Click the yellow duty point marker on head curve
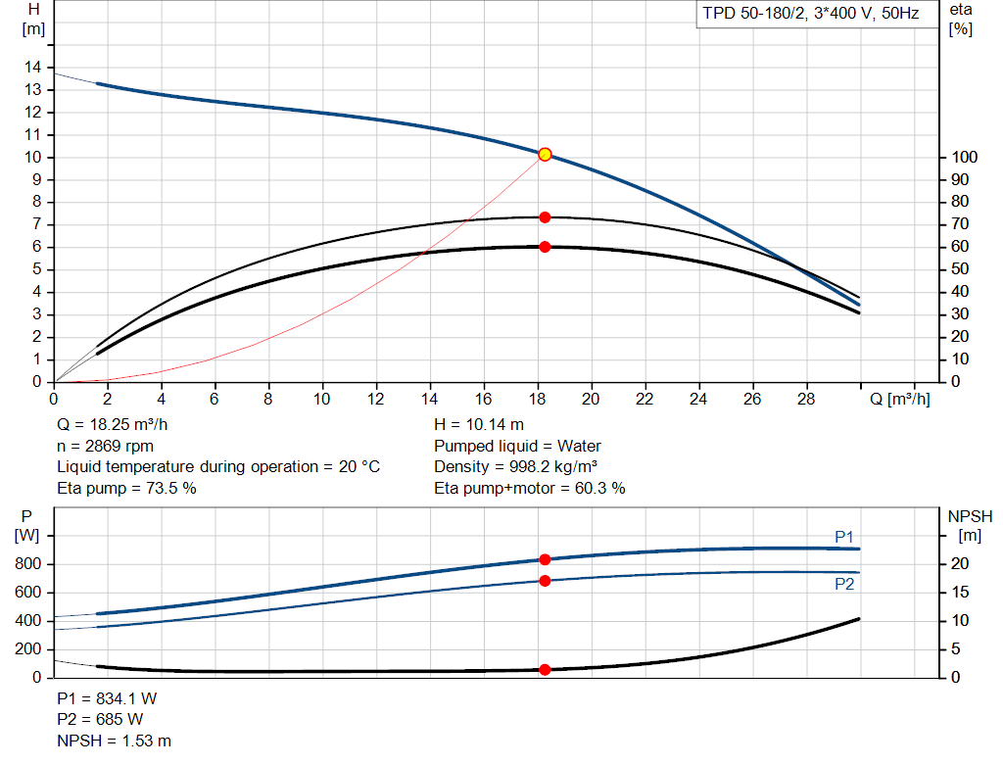(x=545, y=154)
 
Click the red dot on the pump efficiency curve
(x=545, y=217)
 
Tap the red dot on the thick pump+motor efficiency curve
(x=545, y=247)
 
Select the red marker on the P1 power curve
(x=545, y=559)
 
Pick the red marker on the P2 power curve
(x=545, y=581)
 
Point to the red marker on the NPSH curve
(x=545, y=670)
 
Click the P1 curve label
(x=843, y=537)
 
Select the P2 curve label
(x=843, y=584)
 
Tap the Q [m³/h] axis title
(x=899, y=399)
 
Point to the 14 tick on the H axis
(x=34, y=67)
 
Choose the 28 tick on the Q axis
(x=807, y=399)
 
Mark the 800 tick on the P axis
(x=27, y=564)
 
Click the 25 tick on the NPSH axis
(x=962, y=536)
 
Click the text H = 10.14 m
(x=478, y=425)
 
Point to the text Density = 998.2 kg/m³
(x=517, y=466)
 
